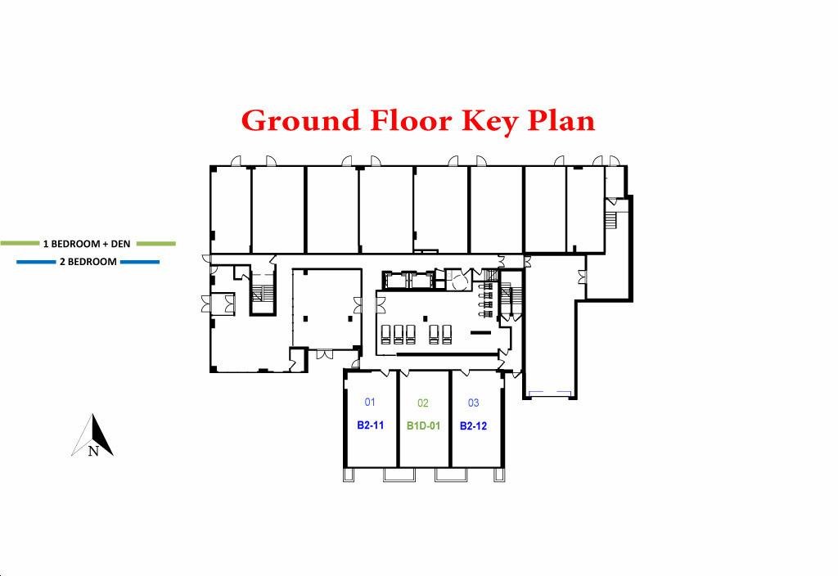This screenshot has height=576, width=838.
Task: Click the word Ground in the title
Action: [301, 121]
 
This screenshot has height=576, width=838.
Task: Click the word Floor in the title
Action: [412, 120]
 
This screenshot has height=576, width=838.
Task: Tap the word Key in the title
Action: [489, 122]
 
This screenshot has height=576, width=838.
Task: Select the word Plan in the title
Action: [561, 120]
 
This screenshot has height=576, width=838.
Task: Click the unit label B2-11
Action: [371, 425]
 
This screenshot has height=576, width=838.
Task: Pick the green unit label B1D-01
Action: [423, 425]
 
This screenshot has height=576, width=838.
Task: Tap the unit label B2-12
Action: [474, 425]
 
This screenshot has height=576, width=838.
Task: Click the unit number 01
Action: [370, 402]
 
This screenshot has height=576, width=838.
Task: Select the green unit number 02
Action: [423, 403]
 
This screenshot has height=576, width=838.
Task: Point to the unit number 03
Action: [474, 403]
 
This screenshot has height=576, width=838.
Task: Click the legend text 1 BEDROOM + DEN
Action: [87, 244]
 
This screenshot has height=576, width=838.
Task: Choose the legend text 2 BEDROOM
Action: [88, 262]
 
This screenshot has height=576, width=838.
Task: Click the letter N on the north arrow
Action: [93, 452]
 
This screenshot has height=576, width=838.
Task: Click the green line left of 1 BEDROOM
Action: [20, 244]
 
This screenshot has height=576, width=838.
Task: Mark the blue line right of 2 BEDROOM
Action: [140, 262]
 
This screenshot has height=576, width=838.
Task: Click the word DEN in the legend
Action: [120, 244]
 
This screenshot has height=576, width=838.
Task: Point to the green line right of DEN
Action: [156, 244]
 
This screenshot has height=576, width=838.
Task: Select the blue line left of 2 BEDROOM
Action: [36, 262]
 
